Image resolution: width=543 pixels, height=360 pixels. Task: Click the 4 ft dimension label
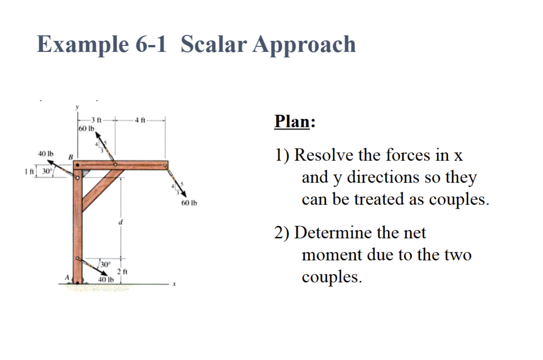click(x=140, y=121)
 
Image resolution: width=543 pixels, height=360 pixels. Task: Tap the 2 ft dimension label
click(x=121, y=272)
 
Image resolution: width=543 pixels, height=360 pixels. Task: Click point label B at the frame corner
click(x=71, y=157)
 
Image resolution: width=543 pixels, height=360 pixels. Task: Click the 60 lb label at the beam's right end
click(x=188, y=202)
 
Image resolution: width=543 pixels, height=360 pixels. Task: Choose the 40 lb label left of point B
click(x=45, y=153)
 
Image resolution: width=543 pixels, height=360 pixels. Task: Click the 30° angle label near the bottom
click(x=105, y=265)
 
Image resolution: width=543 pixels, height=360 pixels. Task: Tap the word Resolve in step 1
click(x=324, y=155)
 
